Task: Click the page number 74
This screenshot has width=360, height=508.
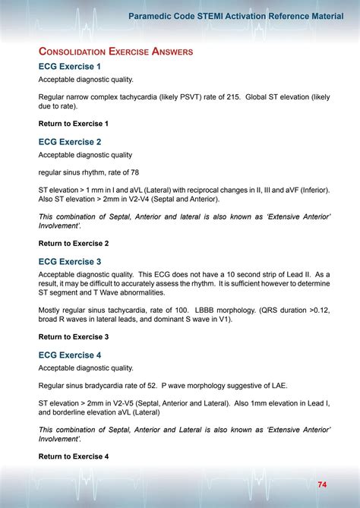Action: click(323, 484)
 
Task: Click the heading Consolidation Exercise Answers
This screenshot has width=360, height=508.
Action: click(115, 51)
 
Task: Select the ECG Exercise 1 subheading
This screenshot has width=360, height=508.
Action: click(69, 67)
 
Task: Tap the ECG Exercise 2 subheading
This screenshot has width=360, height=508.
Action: click(69, 141)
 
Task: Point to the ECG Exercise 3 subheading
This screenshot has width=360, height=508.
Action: click(69, 261)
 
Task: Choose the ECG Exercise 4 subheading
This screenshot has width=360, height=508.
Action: click(69, 355)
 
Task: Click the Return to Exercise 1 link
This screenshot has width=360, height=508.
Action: click(74, 123)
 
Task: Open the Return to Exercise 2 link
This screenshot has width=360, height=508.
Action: click(74, 243)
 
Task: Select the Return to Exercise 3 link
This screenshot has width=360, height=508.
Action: click(74, 336)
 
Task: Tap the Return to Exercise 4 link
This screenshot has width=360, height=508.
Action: click(74, 456)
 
